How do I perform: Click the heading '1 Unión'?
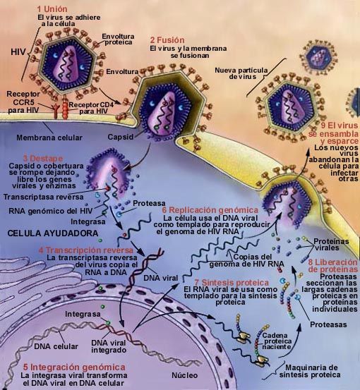(52, 9)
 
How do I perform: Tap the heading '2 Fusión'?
(167, 40)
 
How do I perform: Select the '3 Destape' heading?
(43, 159)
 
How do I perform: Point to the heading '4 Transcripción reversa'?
(86, 250)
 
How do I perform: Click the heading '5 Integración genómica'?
(74, 367)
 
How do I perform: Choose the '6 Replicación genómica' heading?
(210, 210)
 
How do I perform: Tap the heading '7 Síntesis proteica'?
(232, 283)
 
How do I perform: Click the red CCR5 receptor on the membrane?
(56, 111)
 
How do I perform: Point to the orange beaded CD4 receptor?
(65, 110)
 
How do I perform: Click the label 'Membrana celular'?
(49, 138)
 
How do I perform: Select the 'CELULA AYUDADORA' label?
(53, 233)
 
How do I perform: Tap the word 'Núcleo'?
(185, 375)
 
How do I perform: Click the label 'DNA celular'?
(56, 346)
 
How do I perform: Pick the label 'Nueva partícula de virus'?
(241, 73)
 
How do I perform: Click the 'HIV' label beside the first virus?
(18, 52)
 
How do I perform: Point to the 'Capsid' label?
(121, 137)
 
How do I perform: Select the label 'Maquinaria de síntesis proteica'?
(310, 371)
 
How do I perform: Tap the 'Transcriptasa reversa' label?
(44, 197)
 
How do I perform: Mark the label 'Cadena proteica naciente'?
(277, 341)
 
